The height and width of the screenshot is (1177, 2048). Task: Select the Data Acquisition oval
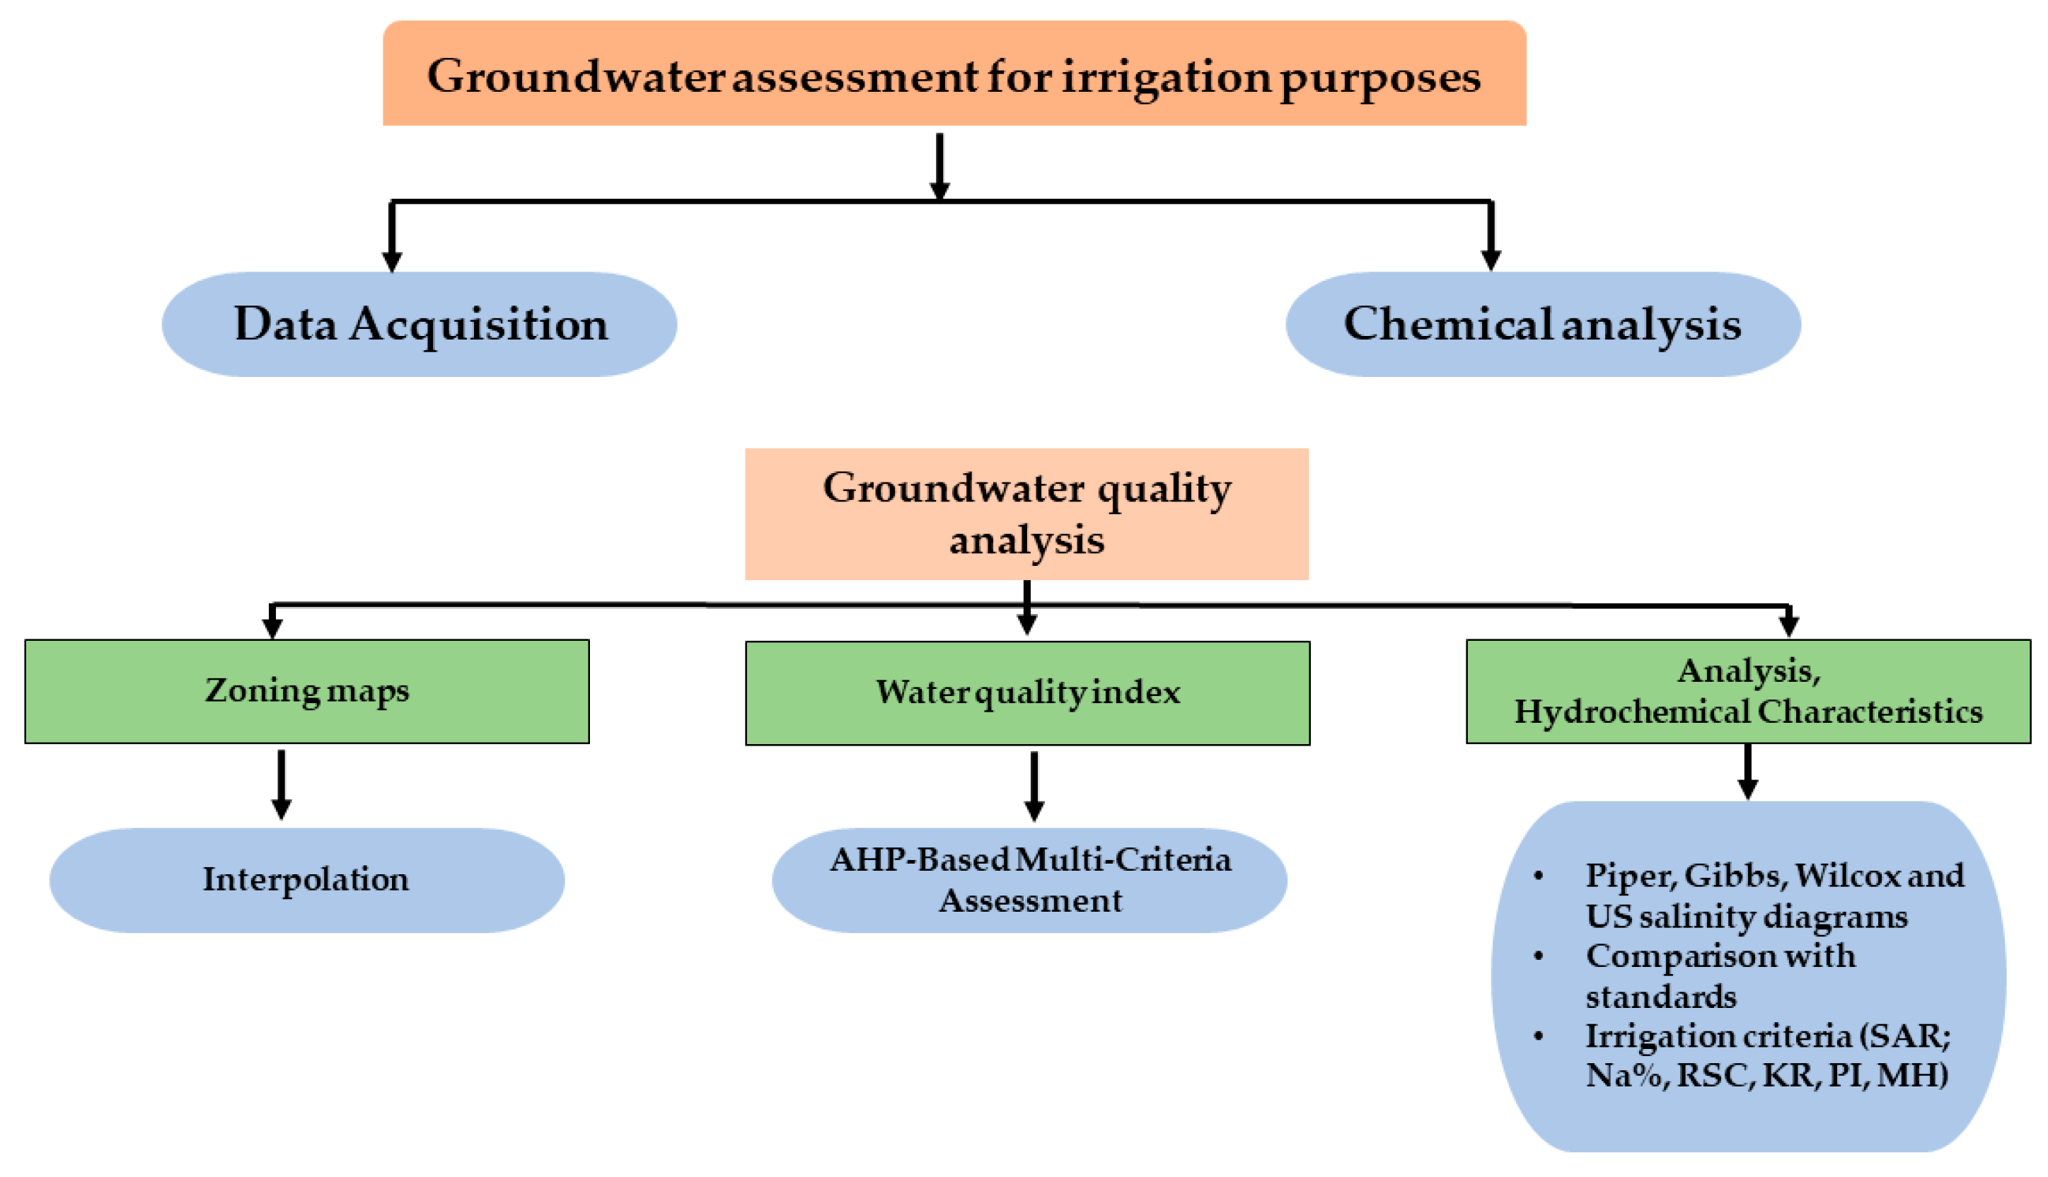[420, 324]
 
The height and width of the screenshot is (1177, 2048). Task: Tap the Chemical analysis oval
[1542, 324]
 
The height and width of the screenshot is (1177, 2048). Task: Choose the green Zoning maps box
[307, 691]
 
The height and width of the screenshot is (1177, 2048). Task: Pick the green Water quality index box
[1027, 692]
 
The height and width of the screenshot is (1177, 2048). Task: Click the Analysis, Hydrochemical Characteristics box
[1748, 691]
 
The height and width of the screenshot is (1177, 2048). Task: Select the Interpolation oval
[306, 879]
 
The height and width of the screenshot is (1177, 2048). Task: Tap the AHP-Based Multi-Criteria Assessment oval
[1029, 879]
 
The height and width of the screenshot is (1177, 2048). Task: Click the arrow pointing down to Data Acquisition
[392, 238]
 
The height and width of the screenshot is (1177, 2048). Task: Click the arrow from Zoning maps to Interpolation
[282, 784]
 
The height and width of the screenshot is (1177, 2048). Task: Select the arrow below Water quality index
[1034, 786]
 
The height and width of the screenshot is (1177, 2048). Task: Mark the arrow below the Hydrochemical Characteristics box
[1748, 772]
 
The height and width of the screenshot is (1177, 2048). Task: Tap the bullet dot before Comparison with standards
[1539, 956]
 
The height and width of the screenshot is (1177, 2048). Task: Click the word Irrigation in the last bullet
[1650, 1036]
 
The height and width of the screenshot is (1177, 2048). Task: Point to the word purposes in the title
[1380, 79]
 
